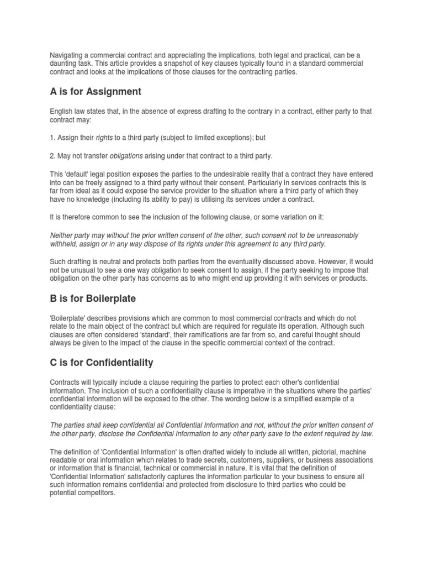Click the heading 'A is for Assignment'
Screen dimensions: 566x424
[x=96, y=92]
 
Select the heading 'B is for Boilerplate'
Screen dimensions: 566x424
[x=93, y=298]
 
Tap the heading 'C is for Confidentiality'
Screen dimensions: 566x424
[x=102, y=363]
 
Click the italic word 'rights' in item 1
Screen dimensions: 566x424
[x=104, y=137]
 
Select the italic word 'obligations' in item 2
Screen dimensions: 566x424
[x=128, y=156]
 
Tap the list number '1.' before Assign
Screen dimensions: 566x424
[x=53, y=137]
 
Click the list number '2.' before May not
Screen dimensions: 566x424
[x=53, y=156]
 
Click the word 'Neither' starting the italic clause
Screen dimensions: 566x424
[x=62, y=235]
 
